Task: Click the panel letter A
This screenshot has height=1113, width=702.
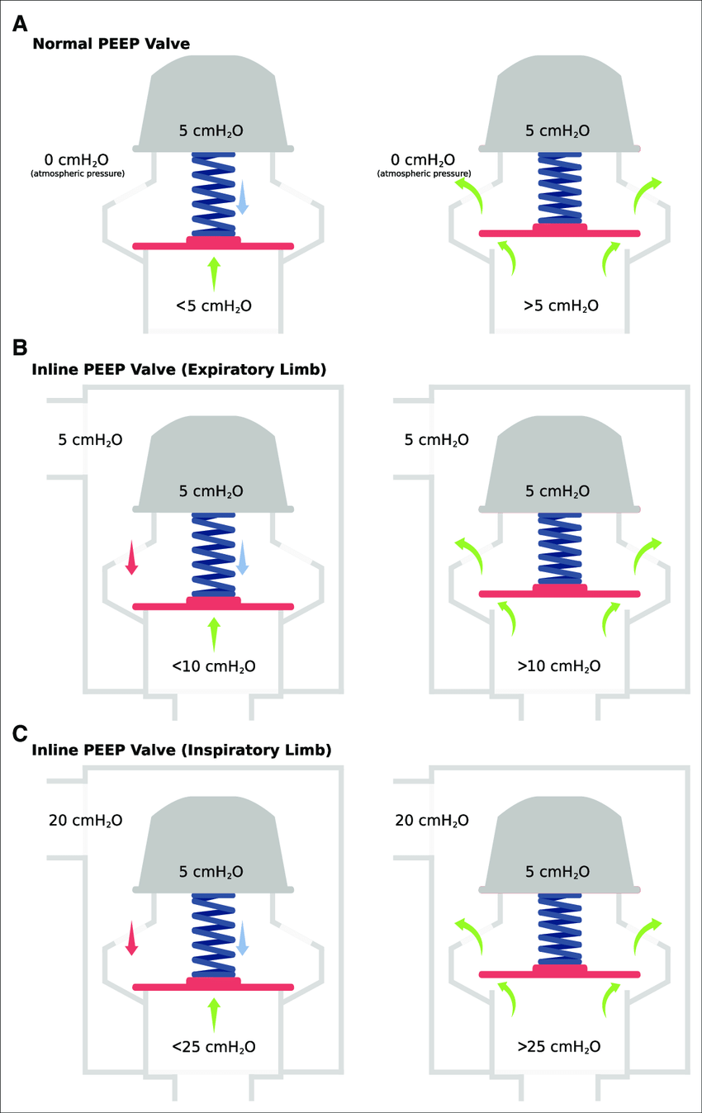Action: (21, 24)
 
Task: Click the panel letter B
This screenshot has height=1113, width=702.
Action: (21, 348)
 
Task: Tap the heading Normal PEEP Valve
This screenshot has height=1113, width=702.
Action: (111, 44)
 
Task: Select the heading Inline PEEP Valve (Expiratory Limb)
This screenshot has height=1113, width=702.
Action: (178, 370)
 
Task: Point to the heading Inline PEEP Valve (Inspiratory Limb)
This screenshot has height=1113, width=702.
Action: (181, 751)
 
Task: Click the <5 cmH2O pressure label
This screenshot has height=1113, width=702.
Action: (213, 306)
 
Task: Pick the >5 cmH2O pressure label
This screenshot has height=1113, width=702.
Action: (561, 306)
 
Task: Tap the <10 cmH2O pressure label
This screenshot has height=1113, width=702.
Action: (213, 665)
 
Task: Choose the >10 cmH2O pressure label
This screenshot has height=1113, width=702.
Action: (561, 665)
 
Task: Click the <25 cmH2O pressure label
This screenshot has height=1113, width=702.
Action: (213, 1046)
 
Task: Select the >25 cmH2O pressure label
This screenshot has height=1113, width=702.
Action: (561, 1046)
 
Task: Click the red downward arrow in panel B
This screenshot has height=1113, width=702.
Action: (130, 558)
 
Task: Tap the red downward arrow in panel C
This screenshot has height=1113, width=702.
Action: (130, 939)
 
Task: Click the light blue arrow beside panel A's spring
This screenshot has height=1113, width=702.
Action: (243, 198)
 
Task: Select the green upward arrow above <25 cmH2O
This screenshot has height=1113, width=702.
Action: (214, 1014)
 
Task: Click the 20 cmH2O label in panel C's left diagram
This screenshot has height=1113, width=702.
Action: (86, 820)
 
